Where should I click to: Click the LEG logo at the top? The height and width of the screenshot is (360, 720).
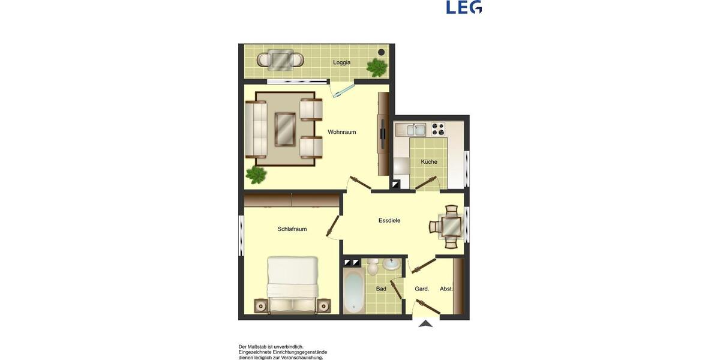(x=464, y=7)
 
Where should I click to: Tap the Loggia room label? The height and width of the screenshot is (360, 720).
(x=342, y=62)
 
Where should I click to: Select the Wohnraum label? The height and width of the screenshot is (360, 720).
(x=342, y=132)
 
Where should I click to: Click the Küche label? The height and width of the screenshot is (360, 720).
(x=429, y=162)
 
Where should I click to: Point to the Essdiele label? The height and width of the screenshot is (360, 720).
(x=389, y=221)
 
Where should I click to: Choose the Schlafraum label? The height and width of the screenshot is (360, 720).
(x=292, y=229)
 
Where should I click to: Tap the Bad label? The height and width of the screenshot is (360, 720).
(x=381, y=289)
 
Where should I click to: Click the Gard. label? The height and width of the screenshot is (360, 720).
(x=422, y=289)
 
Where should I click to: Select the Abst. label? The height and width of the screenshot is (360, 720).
(x=446, y=289)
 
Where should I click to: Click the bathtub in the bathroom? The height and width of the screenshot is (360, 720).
(x=353, y=292)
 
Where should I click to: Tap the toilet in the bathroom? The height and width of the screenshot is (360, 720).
(x=373, y=267)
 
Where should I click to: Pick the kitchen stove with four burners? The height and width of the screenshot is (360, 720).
(x=438, y=129)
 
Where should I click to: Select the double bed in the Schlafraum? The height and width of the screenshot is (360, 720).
(x=292, y=284)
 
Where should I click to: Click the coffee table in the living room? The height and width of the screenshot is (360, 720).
(x=285, y=129)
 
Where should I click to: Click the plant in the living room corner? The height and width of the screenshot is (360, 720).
(x=256, y=176)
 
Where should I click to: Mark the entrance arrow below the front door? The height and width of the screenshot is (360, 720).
(x=425, y=324)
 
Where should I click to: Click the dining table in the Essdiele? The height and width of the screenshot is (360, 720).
(x=451, y=227)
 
